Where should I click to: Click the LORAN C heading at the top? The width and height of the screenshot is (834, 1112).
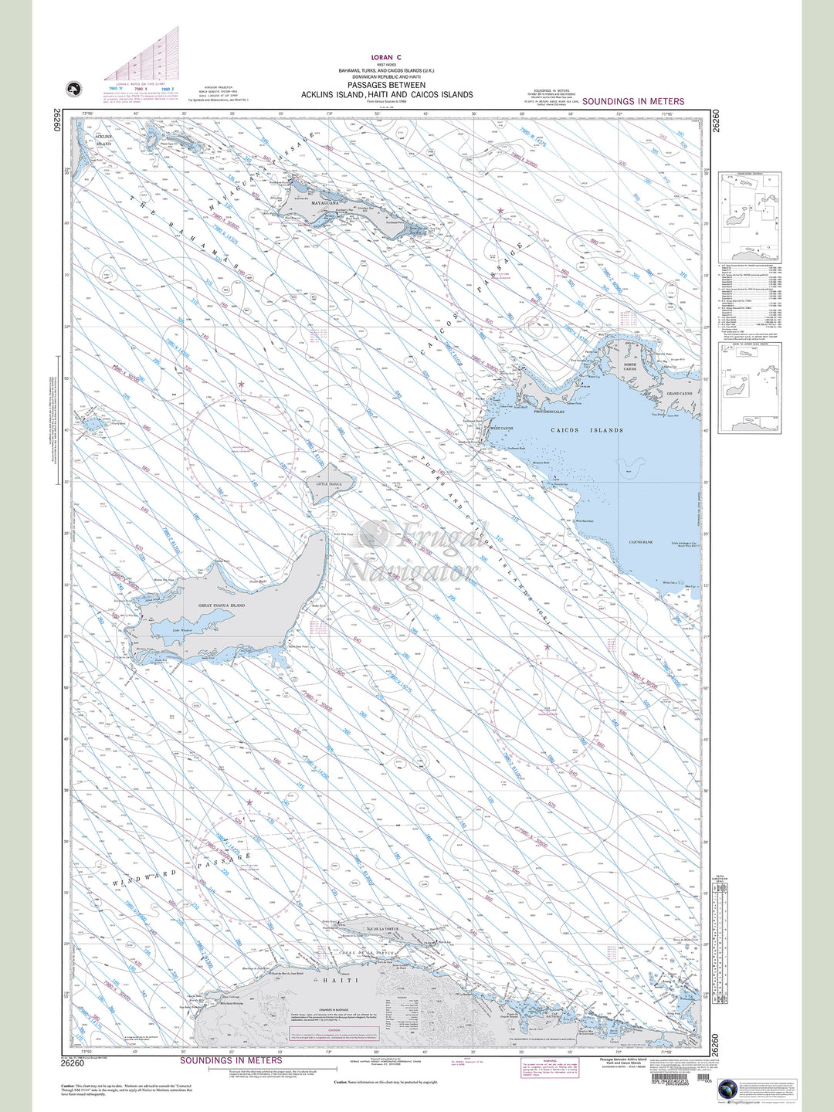click(386, 57)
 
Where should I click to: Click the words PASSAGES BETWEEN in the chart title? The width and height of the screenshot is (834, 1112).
click(387, 86)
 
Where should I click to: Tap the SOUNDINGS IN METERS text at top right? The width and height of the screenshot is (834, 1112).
click(633, 101)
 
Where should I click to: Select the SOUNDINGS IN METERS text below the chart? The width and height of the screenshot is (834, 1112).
click(231, 1060)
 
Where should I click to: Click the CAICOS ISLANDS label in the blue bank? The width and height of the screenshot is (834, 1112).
click(587, 430)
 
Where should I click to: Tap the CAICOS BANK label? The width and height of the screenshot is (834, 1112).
click(640, 543)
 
